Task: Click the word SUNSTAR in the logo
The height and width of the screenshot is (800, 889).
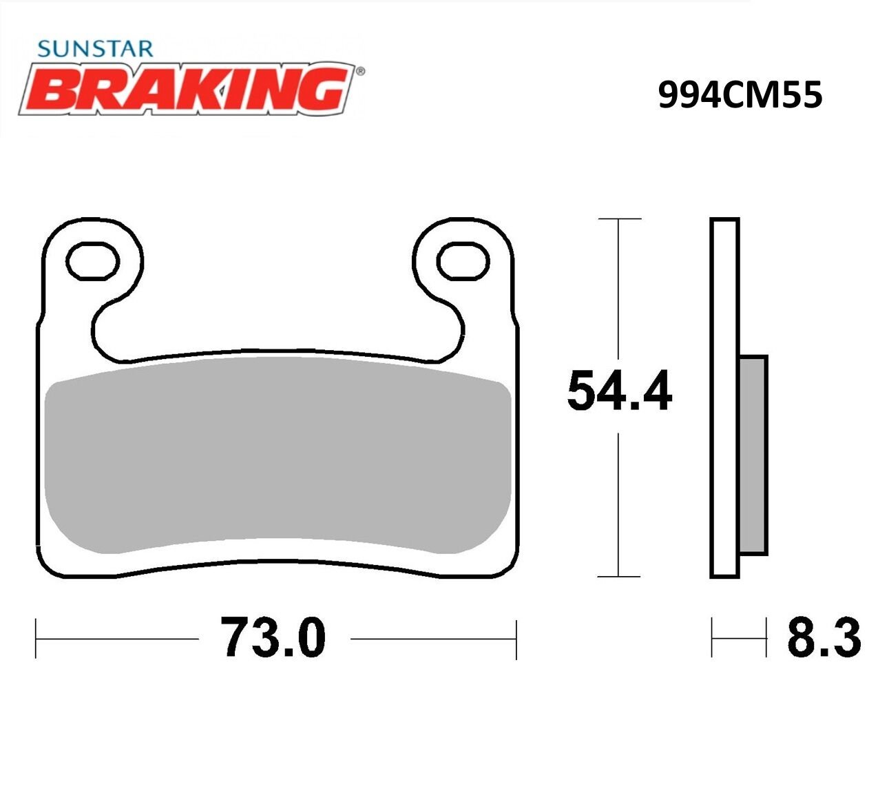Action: click(95, 49)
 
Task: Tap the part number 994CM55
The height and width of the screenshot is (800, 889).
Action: click(740, 95)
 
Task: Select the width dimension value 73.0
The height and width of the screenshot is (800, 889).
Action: click(273, 638)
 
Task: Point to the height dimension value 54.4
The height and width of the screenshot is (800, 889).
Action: click(619, 392)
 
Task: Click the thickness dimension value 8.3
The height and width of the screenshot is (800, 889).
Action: click(824, 638)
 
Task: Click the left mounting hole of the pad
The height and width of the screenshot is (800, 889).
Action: click(92, 260)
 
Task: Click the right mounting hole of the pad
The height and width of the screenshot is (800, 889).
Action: click(463, 261)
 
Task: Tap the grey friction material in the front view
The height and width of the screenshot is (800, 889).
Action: click(275, 455)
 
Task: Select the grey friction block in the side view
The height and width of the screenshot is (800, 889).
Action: click(753, 455)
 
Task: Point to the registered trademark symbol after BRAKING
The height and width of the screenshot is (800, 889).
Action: click(360, 70)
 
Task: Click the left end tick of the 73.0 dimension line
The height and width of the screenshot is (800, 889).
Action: click(36, 639)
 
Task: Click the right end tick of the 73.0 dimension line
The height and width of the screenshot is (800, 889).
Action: click(516, 639)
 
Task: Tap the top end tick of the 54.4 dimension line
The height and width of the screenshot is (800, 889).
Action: click(620, 219)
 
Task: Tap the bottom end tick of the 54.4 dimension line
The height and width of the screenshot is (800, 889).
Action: click(620, 576)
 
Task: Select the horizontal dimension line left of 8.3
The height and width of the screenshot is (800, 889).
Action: click(739, 638)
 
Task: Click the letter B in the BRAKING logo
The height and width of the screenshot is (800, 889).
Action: click(54, 92)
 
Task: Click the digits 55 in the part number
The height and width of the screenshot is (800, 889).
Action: click(802, 95)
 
